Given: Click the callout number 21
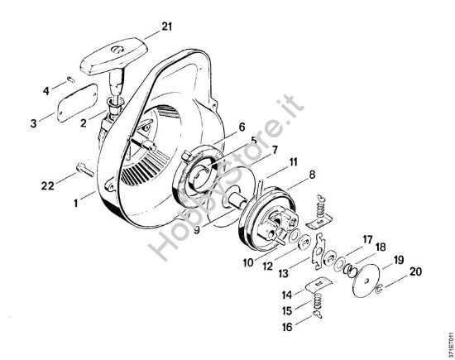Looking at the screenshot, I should click(167, 27).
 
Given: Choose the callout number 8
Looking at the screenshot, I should click(289, 175).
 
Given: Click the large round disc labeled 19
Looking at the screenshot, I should click(361, 278).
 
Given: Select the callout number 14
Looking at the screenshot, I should click(286, 295).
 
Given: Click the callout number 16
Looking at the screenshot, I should click(286, 328).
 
